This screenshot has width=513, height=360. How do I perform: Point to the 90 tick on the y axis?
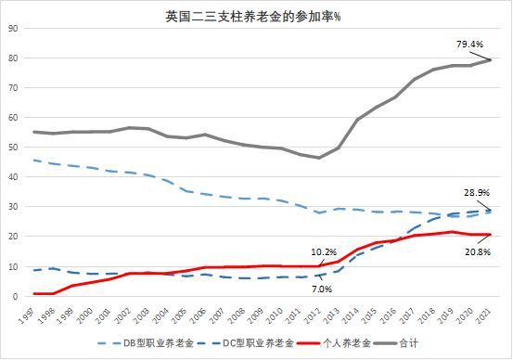tap(13, 29)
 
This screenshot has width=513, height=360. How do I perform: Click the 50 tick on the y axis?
tap(13, 148)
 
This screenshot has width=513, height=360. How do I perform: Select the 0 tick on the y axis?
tap(16, 297)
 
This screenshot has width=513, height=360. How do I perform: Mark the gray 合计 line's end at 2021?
tap(491, 60)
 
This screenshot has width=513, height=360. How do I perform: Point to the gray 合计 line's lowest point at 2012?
tap(320, 158)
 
